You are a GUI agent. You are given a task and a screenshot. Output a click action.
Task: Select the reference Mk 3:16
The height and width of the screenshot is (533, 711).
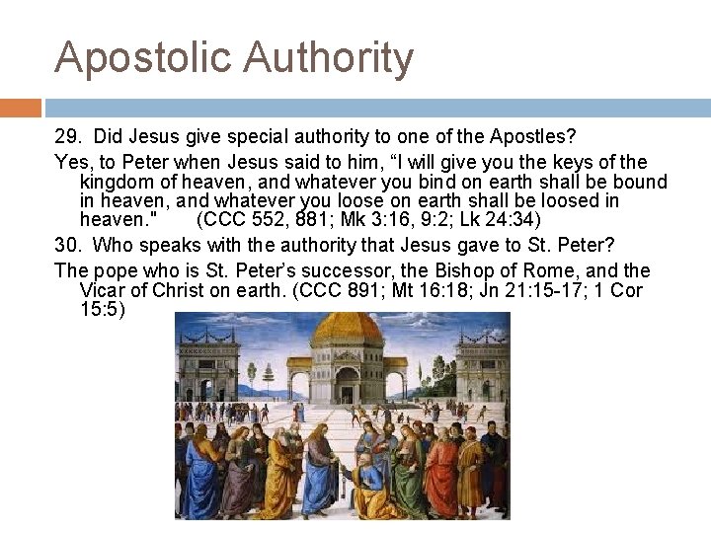(356, 220)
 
